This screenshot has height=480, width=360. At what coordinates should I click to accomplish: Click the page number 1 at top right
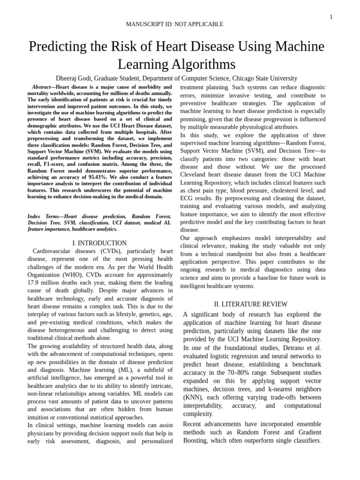click(x=331, y=17)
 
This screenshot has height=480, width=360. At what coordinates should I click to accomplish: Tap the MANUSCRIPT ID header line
click(x=175, y=24)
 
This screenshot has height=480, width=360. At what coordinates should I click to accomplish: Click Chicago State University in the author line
click(x=265, y=78)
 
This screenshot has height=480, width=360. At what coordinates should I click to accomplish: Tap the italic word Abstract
click(x=42, y=87)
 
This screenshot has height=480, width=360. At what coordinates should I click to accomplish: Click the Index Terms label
click(x=44, y=217)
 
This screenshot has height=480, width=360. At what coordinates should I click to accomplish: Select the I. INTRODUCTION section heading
click(x=99, y=243)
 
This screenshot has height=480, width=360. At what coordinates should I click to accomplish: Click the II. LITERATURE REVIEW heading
click(x=251, y=304)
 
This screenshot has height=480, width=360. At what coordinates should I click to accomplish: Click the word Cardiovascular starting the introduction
click(x=54, y=251)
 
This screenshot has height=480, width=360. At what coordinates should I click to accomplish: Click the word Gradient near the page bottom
click(x=309, y=432)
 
